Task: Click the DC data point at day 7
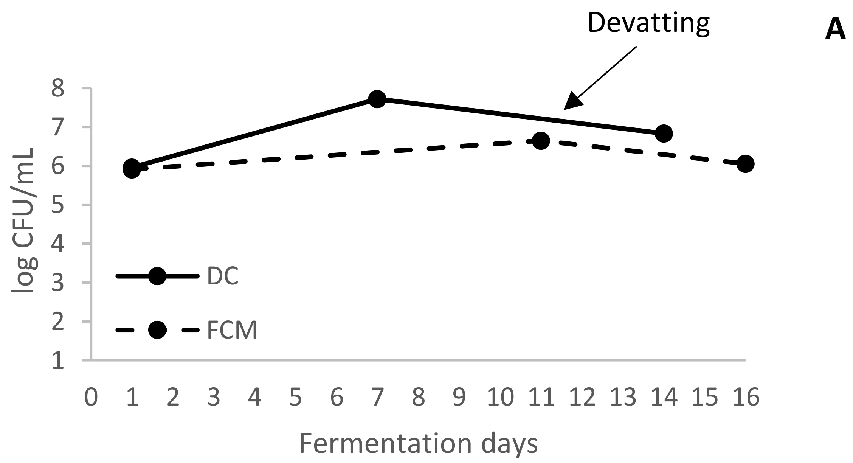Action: [x=377, y=99]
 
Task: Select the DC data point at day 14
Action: [x=663, y=134]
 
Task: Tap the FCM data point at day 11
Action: [x=541, y=141]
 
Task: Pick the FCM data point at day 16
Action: [x=745, y=164]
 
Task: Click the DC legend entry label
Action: [x=223, y=277]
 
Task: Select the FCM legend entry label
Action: [x=232, y=330]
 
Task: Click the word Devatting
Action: [x=648, y=23]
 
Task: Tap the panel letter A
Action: [x=835, y=30]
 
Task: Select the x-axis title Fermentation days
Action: [x=418, y=443]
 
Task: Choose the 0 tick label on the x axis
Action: [x=91, y=398]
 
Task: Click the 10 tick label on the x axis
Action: [x=500, y=398]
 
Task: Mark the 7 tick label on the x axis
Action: [x=377, y=398]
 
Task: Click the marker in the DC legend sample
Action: [x=157, y=276]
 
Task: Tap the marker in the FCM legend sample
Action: [x=157, y=330]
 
